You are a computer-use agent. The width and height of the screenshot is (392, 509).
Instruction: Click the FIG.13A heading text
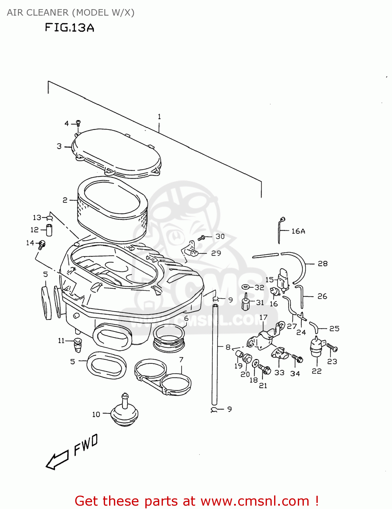69,27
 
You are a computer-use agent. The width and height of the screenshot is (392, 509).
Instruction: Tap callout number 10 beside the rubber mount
96,414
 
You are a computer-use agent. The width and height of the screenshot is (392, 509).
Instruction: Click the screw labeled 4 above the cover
78,123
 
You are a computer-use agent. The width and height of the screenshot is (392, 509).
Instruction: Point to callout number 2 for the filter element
65,200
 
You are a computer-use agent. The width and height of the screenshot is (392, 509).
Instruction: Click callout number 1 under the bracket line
159,117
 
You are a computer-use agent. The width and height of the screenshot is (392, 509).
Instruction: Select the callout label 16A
298,231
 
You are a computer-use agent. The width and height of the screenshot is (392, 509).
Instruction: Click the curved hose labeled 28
301,266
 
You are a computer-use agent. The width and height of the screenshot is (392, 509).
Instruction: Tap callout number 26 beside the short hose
322,296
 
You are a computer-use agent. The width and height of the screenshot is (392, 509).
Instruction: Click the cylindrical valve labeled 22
316,347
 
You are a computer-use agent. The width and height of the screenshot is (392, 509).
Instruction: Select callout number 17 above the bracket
263,317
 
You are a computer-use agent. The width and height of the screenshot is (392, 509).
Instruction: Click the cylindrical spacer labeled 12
49,230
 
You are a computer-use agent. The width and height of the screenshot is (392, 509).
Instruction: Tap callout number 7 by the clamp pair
181,360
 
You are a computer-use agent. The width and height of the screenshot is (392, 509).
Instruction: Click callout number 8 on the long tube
228,347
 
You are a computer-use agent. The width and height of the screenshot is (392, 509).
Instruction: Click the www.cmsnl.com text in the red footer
255,501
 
